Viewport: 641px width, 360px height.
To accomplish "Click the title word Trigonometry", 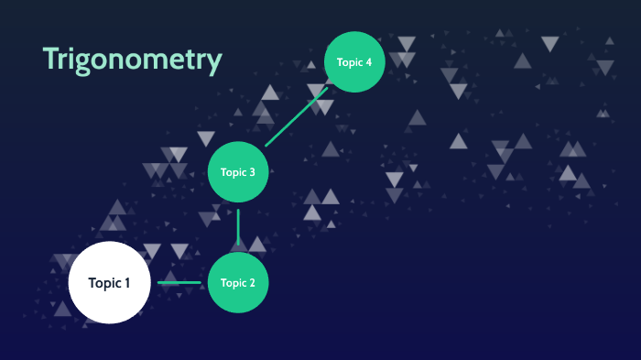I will tap(132, 59).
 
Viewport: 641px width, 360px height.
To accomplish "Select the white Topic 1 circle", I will tap(109, 282).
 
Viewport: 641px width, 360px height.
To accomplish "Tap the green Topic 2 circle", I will tap(238, 282).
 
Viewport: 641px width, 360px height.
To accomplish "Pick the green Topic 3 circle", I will tap(238, 171).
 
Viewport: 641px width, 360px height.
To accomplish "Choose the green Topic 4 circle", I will tap(354, 61).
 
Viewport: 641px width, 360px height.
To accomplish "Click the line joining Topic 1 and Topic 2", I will tap(179, 282).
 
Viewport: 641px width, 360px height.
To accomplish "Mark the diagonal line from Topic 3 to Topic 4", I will tap(296, 116).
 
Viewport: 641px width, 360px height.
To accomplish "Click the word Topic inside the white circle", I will tap(103, 282).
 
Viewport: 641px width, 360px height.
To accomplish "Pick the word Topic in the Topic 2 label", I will tap(234, 282).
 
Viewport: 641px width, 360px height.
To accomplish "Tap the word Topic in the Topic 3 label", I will tap(234, 171).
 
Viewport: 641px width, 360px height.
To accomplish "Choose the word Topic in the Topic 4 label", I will tap(350, 61).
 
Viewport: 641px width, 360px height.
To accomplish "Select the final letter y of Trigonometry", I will tap(214, 62).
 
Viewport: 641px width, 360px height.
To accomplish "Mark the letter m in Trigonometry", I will tap(157, 60).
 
